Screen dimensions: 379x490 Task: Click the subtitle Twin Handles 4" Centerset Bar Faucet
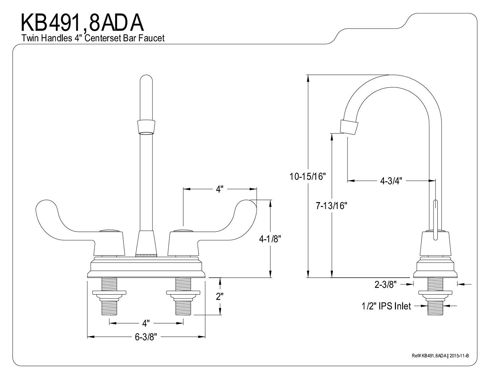[x=93, y=38]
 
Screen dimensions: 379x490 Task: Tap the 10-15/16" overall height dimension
[x=308, y=177]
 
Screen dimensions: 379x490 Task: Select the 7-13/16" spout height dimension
[x=331, y=206]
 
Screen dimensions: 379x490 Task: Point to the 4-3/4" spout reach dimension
[x=391, y=180]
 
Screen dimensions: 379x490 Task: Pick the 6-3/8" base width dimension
[x=146, y=337]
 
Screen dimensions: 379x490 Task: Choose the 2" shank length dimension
[x=220, y=297]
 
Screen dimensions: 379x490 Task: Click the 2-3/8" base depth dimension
[x=385, y=284]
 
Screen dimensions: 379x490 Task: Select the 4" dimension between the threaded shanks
[x=146, y=323]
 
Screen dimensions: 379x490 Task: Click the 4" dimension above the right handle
[x=220, y=189]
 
